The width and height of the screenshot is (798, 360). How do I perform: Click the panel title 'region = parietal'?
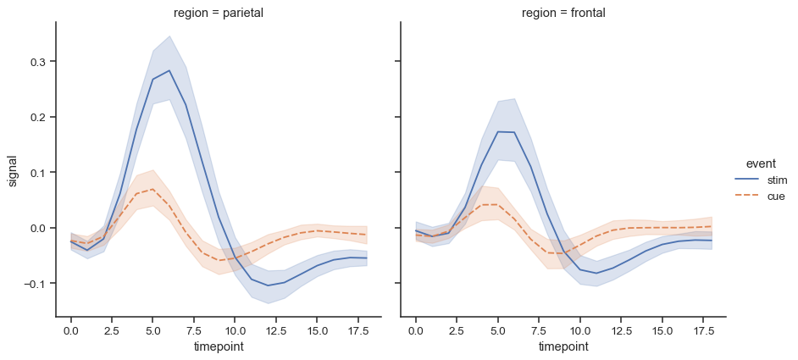pyautogui.click(x=219, y=13)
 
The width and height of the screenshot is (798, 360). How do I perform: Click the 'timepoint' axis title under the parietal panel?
pyautogui.click(x=219, y=346)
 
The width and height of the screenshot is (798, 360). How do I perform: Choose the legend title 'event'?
pyautogui.click(x=751, y=163)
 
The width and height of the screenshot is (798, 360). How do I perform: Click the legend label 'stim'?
pyautogui.click(x=777, y=180)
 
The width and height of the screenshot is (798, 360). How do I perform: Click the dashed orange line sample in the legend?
pyautogui.click(x=747, y=197)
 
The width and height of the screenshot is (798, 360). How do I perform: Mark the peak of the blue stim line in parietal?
pyautogui.click(x=169, y=70)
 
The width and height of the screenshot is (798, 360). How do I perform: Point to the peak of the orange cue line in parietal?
pyautogui.click(x=152, y=189)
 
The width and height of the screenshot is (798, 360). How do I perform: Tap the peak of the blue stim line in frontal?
pyautogui.click(x=498, y=131)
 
